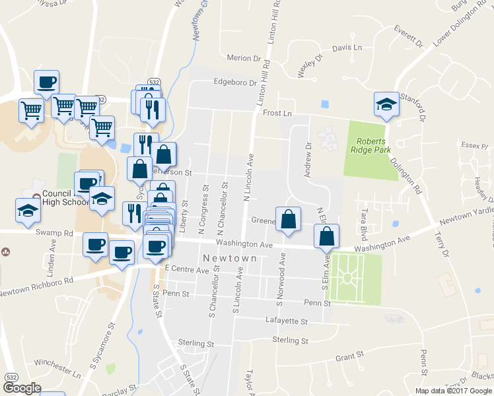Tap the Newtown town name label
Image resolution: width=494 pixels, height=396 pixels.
pos(229,258)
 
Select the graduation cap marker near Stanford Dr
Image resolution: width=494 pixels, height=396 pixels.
pos(387,104)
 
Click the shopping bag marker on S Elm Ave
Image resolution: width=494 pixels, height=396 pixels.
pos(327,236)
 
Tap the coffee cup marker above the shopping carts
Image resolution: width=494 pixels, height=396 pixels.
pos(47,82)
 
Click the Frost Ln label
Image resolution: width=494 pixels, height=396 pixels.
pos(277,114)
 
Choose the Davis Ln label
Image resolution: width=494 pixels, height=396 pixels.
pos(347,48)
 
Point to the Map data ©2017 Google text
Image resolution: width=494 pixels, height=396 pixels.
pos(454,391)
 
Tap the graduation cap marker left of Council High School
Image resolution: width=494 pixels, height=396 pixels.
pos(28,211)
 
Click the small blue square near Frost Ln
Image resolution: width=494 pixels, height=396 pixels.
pos(324,104)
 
